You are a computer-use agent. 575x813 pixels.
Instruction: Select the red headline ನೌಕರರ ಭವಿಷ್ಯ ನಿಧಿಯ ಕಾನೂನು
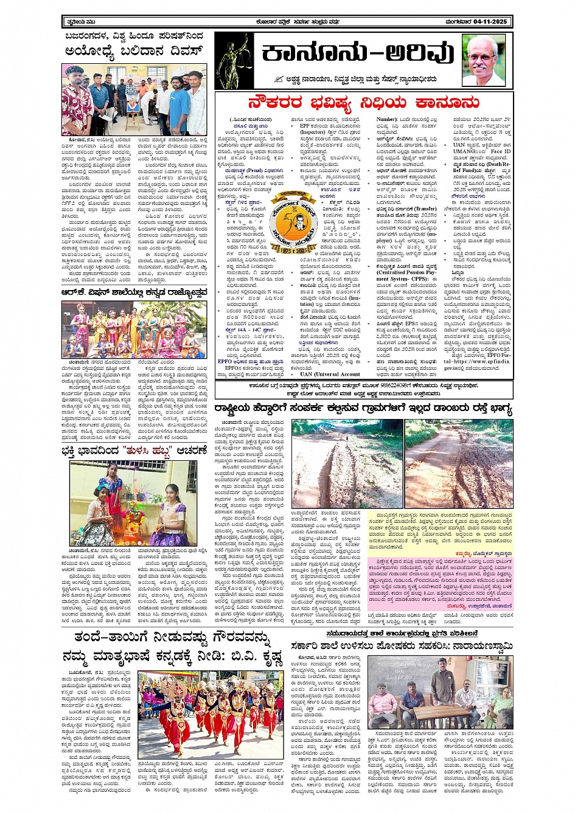tap(363, 102)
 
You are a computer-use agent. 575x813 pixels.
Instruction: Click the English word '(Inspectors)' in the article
tap(314, 132)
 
